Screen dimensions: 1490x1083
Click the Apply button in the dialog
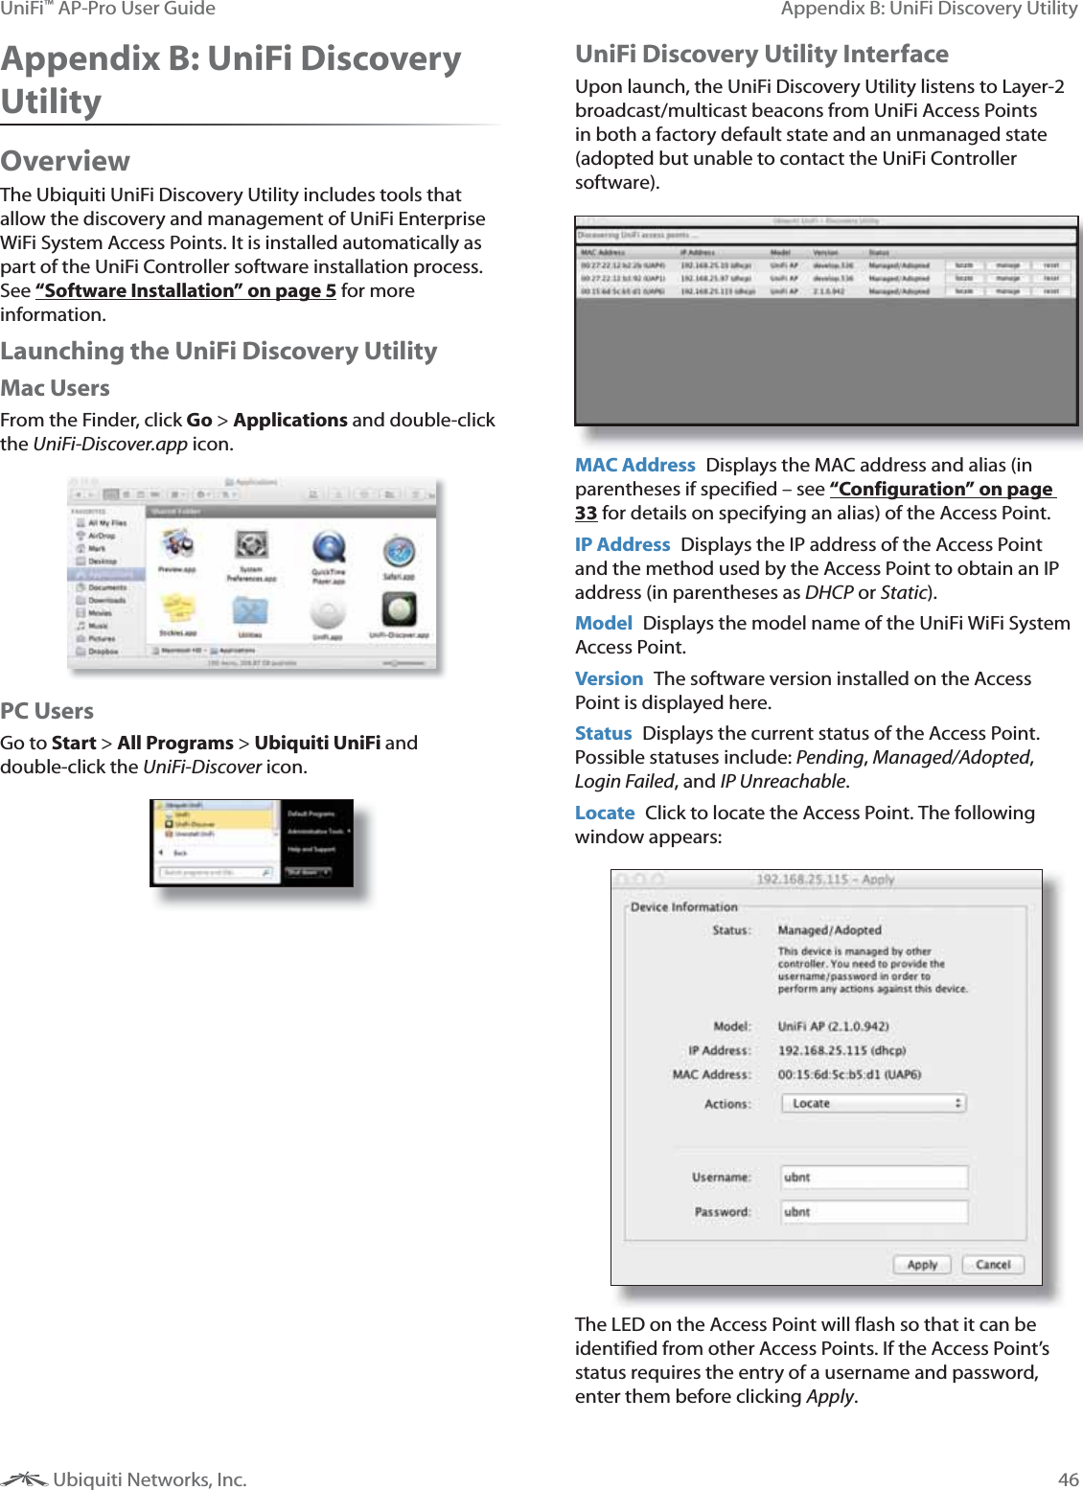pos(922,1264)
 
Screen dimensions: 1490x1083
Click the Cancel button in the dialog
pos(993,1264)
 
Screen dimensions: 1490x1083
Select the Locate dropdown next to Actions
pos(873,1103)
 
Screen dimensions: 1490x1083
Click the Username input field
pos(873,1177)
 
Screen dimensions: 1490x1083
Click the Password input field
pos(873,1211)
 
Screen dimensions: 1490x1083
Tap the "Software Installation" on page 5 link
pos(186,290)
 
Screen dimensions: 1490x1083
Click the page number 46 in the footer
pos(1068,1479)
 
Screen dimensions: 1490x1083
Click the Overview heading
pos(65,161)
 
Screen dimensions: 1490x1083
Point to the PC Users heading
pos(47,711)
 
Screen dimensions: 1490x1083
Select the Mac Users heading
pos(55,388)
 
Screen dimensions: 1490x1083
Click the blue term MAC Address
pos(634,465)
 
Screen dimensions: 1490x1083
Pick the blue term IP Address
pos(622,544)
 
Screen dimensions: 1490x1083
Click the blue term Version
pos(609,678)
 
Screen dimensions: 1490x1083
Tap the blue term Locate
pos(604,813)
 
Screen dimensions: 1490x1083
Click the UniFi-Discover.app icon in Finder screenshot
pos(399,609)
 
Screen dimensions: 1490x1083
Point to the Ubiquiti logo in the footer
pos(24,1479)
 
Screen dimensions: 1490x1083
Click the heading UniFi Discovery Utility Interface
pos(761,54)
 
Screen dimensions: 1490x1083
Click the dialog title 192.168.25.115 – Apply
pos(824,879)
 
